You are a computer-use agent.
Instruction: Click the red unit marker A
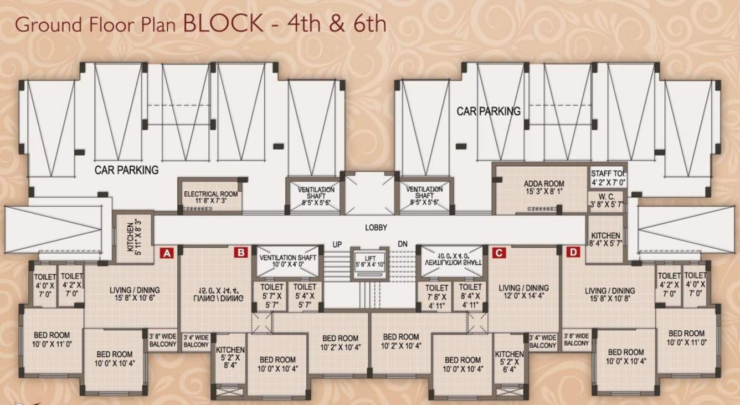tap(167, 253)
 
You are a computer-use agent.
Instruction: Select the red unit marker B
tap(241, 253)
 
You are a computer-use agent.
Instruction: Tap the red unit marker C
tap(499, 253)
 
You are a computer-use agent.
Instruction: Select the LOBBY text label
tap(376, 228)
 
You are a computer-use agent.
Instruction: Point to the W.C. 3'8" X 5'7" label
tap(608, 200)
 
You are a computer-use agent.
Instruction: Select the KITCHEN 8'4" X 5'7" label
tap(605, 239)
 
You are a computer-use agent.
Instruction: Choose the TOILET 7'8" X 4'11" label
tap(438, 296)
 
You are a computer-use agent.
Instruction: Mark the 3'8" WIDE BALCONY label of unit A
tap(162, 340)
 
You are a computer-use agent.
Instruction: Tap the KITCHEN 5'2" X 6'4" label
tap(509, 362)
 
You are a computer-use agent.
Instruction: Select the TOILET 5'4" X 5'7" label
tap(305, 296)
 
